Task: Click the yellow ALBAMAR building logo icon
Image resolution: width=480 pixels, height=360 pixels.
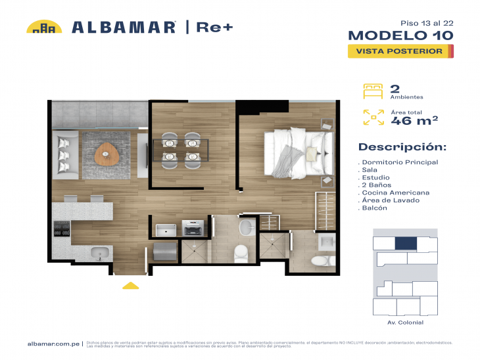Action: [44, 27]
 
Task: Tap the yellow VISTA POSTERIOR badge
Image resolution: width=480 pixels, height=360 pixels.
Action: [399, 51]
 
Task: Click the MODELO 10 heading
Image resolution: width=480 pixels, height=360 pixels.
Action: [400, 35]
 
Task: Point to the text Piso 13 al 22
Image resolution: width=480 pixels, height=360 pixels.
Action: [428, 22]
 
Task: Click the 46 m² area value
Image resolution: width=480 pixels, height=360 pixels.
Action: [414, 120]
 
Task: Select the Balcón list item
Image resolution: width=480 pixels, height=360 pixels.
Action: [374, 208]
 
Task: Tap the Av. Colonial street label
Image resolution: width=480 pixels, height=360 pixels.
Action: [405, 323]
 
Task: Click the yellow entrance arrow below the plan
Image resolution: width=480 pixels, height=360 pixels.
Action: [131, 285]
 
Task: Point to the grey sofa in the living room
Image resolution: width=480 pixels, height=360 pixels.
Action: [66, 156]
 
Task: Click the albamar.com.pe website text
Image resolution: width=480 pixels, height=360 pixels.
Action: [53, 344]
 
